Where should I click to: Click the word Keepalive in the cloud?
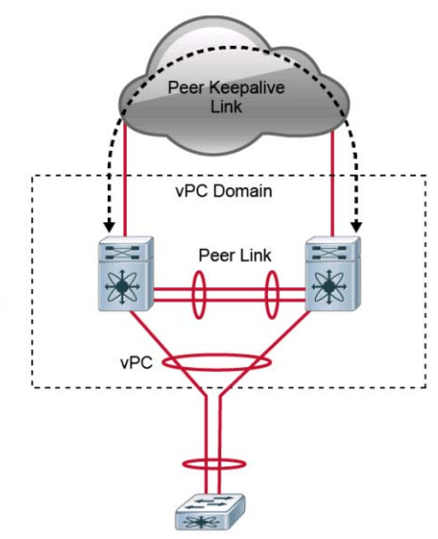click(x=247, y=88)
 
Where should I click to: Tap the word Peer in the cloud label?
click(x=186, y=88)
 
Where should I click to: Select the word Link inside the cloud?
click(x=226, y=106)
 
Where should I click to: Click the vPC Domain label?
click(x=224, y=191)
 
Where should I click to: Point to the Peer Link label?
click(x=235, y=256)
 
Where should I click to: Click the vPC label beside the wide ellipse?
click(x=136, y=363)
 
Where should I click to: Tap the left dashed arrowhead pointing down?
click(x=110, y=227)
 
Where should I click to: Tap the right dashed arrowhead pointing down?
click(x=357, y=227)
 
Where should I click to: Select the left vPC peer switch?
click(x=126, y=274)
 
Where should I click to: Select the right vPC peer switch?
click(x=333, y=274)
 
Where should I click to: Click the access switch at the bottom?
click(x=210, y=512)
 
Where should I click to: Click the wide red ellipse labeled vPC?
click(x=217, y=355)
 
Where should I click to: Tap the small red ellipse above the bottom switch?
click(x=214, y=460)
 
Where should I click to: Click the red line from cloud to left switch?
click(x=125, y=178)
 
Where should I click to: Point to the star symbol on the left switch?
click(x=122, y=286)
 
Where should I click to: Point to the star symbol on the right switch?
click(x=329, y=286)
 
